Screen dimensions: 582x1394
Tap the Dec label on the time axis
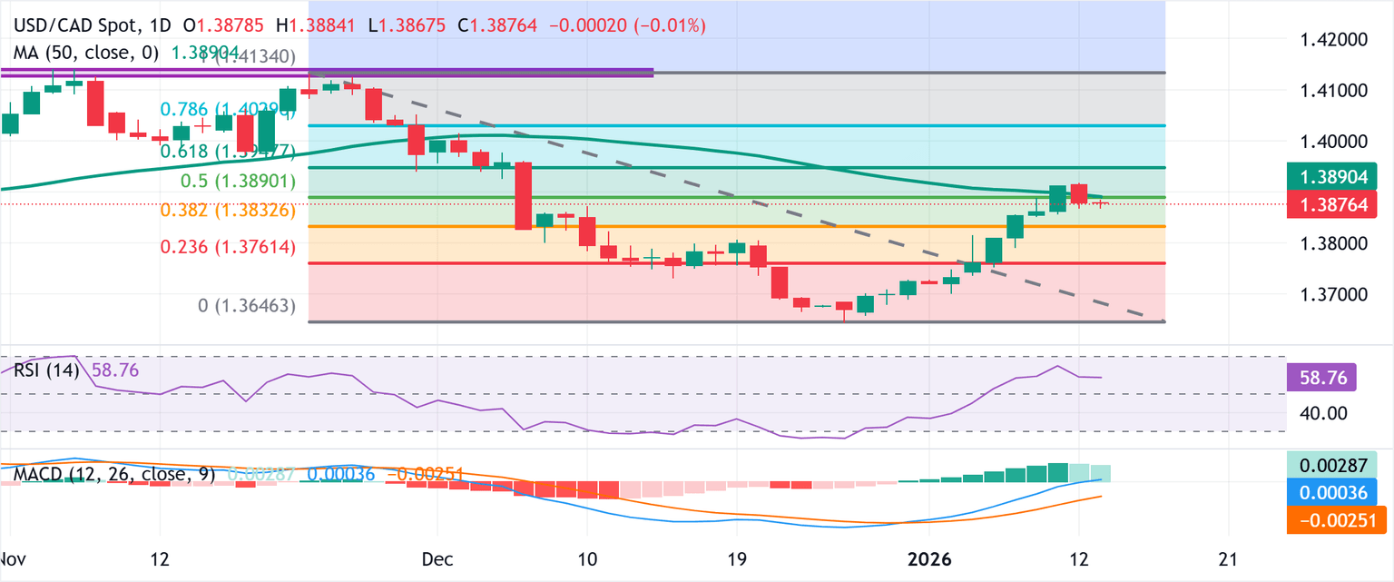pos(436,558)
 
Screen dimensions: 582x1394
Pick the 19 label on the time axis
pos(736,558)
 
